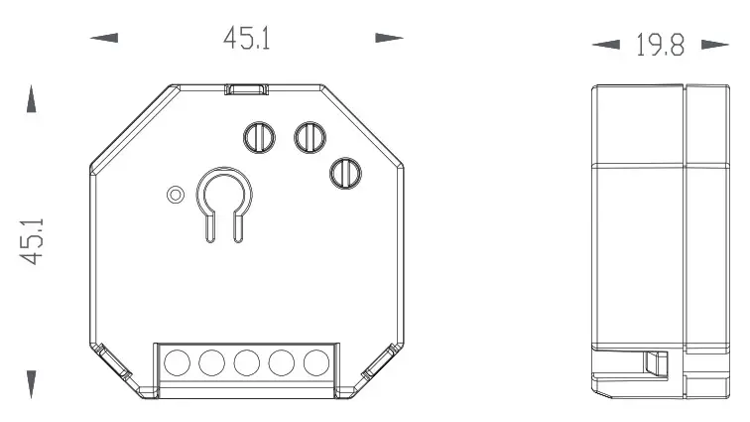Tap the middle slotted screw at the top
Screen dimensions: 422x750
click(x=310, y=136)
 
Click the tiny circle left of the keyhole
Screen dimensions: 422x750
click(x=176, y=193)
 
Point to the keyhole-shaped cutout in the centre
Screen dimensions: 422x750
click(x=223, y=198)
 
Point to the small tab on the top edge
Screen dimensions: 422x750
click(x=247, y=89)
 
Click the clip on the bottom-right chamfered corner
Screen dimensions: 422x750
click(x=381, y=366)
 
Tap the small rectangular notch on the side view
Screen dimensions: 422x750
click(x=654, y=363)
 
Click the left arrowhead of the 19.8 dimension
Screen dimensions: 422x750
click(x=604, y=46)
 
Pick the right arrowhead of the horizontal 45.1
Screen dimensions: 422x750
click(x=389, y=39)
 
